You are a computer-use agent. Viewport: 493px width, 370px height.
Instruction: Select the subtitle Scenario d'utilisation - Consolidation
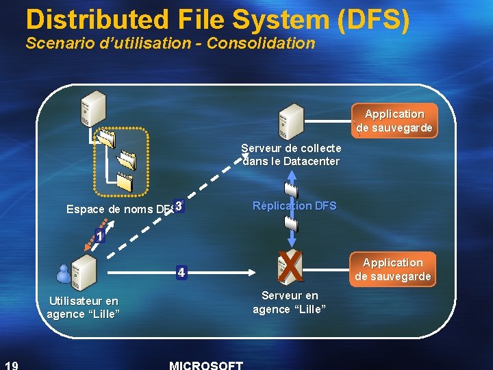pos(170,43)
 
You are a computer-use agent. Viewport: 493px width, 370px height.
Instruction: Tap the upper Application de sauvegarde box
pos(394,121)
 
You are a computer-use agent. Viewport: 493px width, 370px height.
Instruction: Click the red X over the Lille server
pos(291,267)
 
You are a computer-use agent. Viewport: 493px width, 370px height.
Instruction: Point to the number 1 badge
pos(100,236)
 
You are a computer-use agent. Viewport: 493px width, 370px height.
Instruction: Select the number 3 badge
pos(178,206)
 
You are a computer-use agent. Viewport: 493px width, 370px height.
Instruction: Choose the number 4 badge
pos(180,272)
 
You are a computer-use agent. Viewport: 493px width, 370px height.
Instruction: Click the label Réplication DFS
pos(294,206)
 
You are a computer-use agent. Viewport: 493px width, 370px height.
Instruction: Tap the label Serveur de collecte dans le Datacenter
pos(291,154)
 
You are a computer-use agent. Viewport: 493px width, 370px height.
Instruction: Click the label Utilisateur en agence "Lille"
pos(83,307)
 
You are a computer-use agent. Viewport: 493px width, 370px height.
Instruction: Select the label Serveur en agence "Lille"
pos(290,302)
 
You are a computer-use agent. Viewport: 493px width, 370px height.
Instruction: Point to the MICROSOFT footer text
pos(205,365)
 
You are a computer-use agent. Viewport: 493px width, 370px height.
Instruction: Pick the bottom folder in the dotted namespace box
pos(125,182)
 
